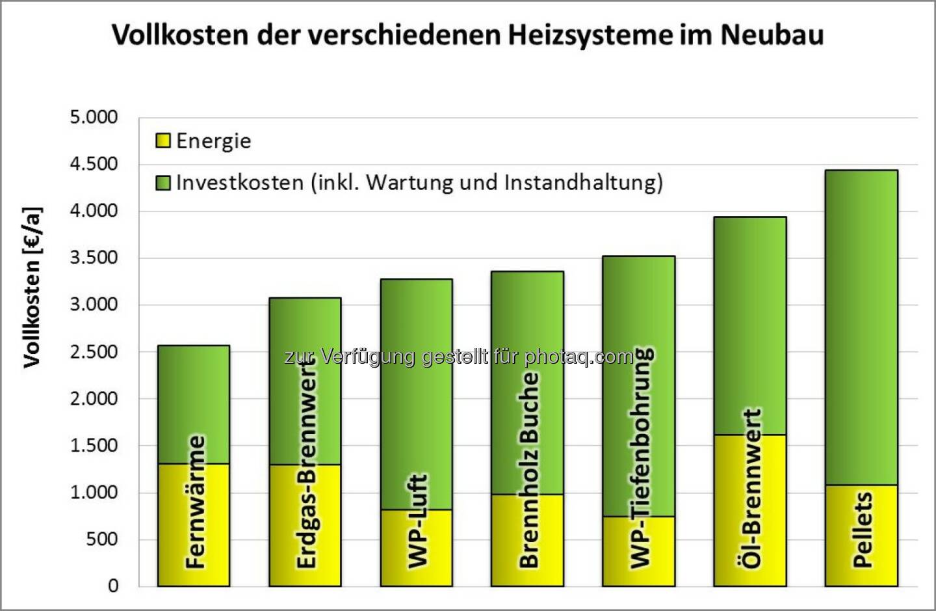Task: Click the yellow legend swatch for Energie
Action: point(163,141)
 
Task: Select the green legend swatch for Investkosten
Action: point(163,182)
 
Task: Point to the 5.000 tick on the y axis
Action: point(94,118)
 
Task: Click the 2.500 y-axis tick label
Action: point(94,352)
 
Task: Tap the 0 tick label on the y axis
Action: point(113,586)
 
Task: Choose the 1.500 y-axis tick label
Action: point(94,446)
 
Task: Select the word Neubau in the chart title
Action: point(772,34)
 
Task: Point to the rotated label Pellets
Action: point(862,530)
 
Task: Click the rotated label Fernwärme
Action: point(195,502)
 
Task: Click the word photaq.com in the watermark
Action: point(578,357)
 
